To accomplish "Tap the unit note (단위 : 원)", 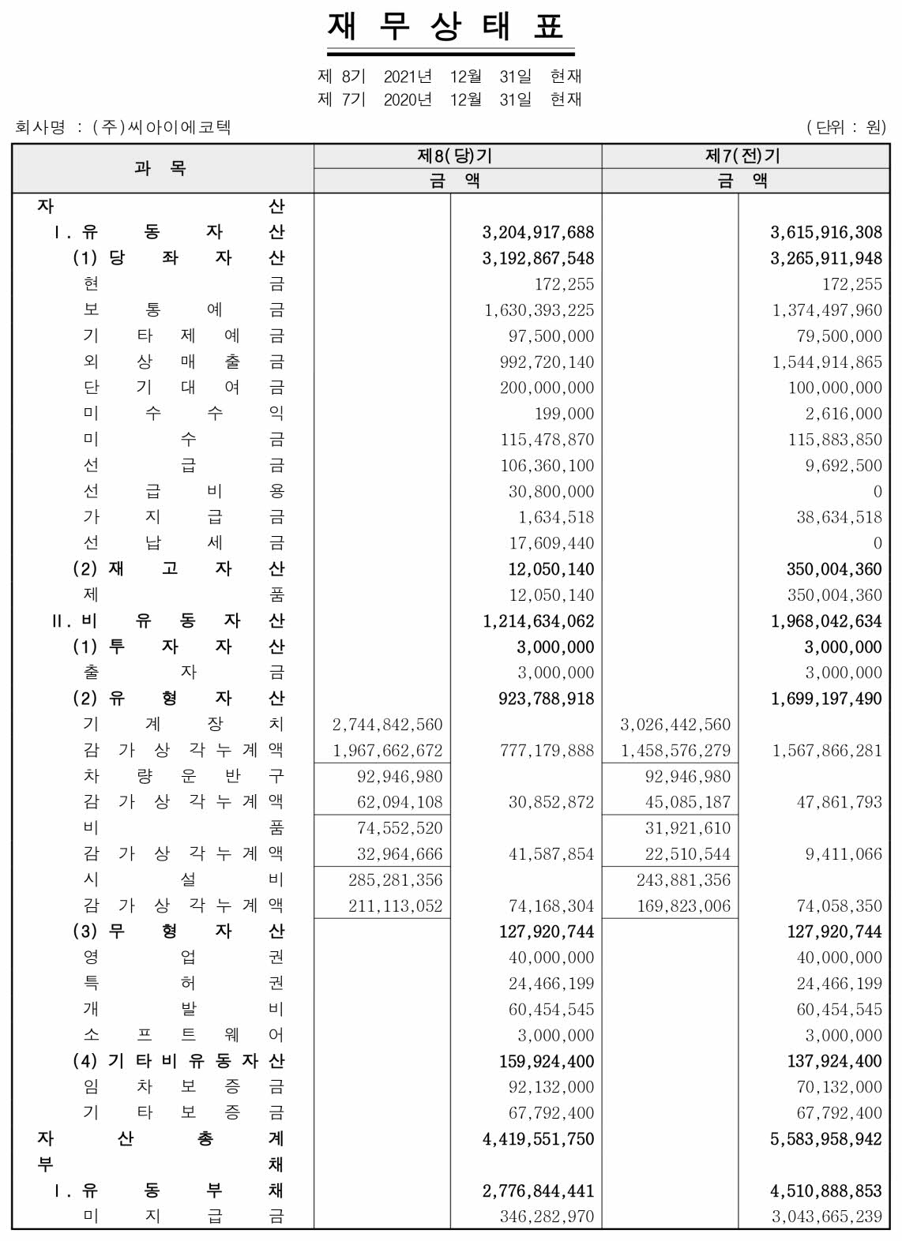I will pyautogui.click(x=846, y=127).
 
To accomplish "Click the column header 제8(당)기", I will pyautogui.click(x=457, y=156).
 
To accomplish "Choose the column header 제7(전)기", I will pyautogui.click(x=746, y=156).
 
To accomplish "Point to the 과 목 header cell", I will pyautogui.click(x=162, y=168).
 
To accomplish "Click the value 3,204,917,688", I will pyautogui.click(x=538, y=232).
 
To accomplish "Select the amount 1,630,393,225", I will pyautogui.click(x=539, y=310).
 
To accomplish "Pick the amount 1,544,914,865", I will pyautogui.click(x=827, y=362).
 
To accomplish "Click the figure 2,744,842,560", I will pyautogui.click(x=388, y=725).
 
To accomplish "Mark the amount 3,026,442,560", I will pyautogui.click(x=675, y=725).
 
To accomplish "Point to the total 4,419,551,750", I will pyautogui.click(x=538, y=1139).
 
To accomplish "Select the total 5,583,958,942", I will pyautogui.click(x=826, y=1139).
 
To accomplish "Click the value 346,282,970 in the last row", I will pyautogui.click(x=547, y=1217).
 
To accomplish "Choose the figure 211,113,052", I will pyautogui.click(x=395, y=906).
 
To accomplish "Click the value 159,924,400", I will pyautogui.click(x=547, y=1062).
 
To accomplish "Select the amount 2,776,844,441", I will pyautogui.click(x=538, y=1190).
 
